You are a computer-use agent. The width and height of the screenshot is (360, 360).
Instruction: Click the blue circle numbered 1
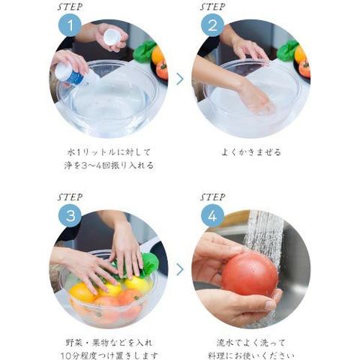click(70, 25)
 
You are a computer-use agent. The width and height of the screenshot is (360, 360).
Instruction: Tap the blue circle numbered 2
click(212, 25)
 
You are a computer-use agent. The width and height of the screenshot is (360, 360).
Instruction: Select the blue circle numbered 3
click(70, 215)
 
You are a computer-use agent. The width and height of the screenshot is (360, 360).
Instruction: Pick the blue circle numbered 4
click(212, 215)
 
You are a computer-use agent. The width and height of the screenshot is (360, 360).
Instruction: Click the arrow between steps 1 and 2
click(180, 79)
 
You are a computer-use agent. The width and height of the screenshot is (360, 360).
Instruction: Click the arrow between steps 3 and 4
click(180, 269)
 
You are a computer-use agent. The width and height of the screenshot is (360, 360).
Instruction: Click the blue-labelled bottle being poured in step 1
click(75, 73)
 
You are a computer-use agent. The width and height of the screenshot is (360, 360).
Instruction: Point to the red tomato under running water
click(250, 274)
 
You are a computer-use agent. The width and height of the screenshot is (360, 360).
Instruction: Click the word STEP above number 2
click(212, 7)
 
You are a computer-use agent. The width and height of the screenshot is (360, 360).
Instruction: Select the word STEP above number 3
click(70, 197)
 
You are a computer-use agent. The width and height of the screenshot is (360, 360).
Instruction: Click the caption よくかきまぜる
click(251, 151)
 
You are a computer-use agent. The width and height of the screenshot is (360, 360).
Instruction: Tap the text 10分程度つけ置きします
click(109, 355)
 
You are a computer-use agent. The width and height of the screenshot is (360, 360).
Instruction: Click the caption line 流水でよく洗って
click(250, 343)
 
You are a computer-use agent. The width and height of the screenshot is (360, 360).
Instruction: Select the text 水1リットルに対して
click(109, 151)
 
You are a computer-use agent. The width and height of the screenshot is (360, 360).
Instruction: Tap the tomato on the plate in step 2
click(304, 68)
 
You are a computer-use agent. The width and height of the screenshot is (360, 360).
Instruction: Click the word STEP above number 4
click(212, 197)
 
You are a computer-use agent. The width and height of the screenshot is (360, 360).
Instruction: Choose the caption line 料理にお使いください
click(250, 355)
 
